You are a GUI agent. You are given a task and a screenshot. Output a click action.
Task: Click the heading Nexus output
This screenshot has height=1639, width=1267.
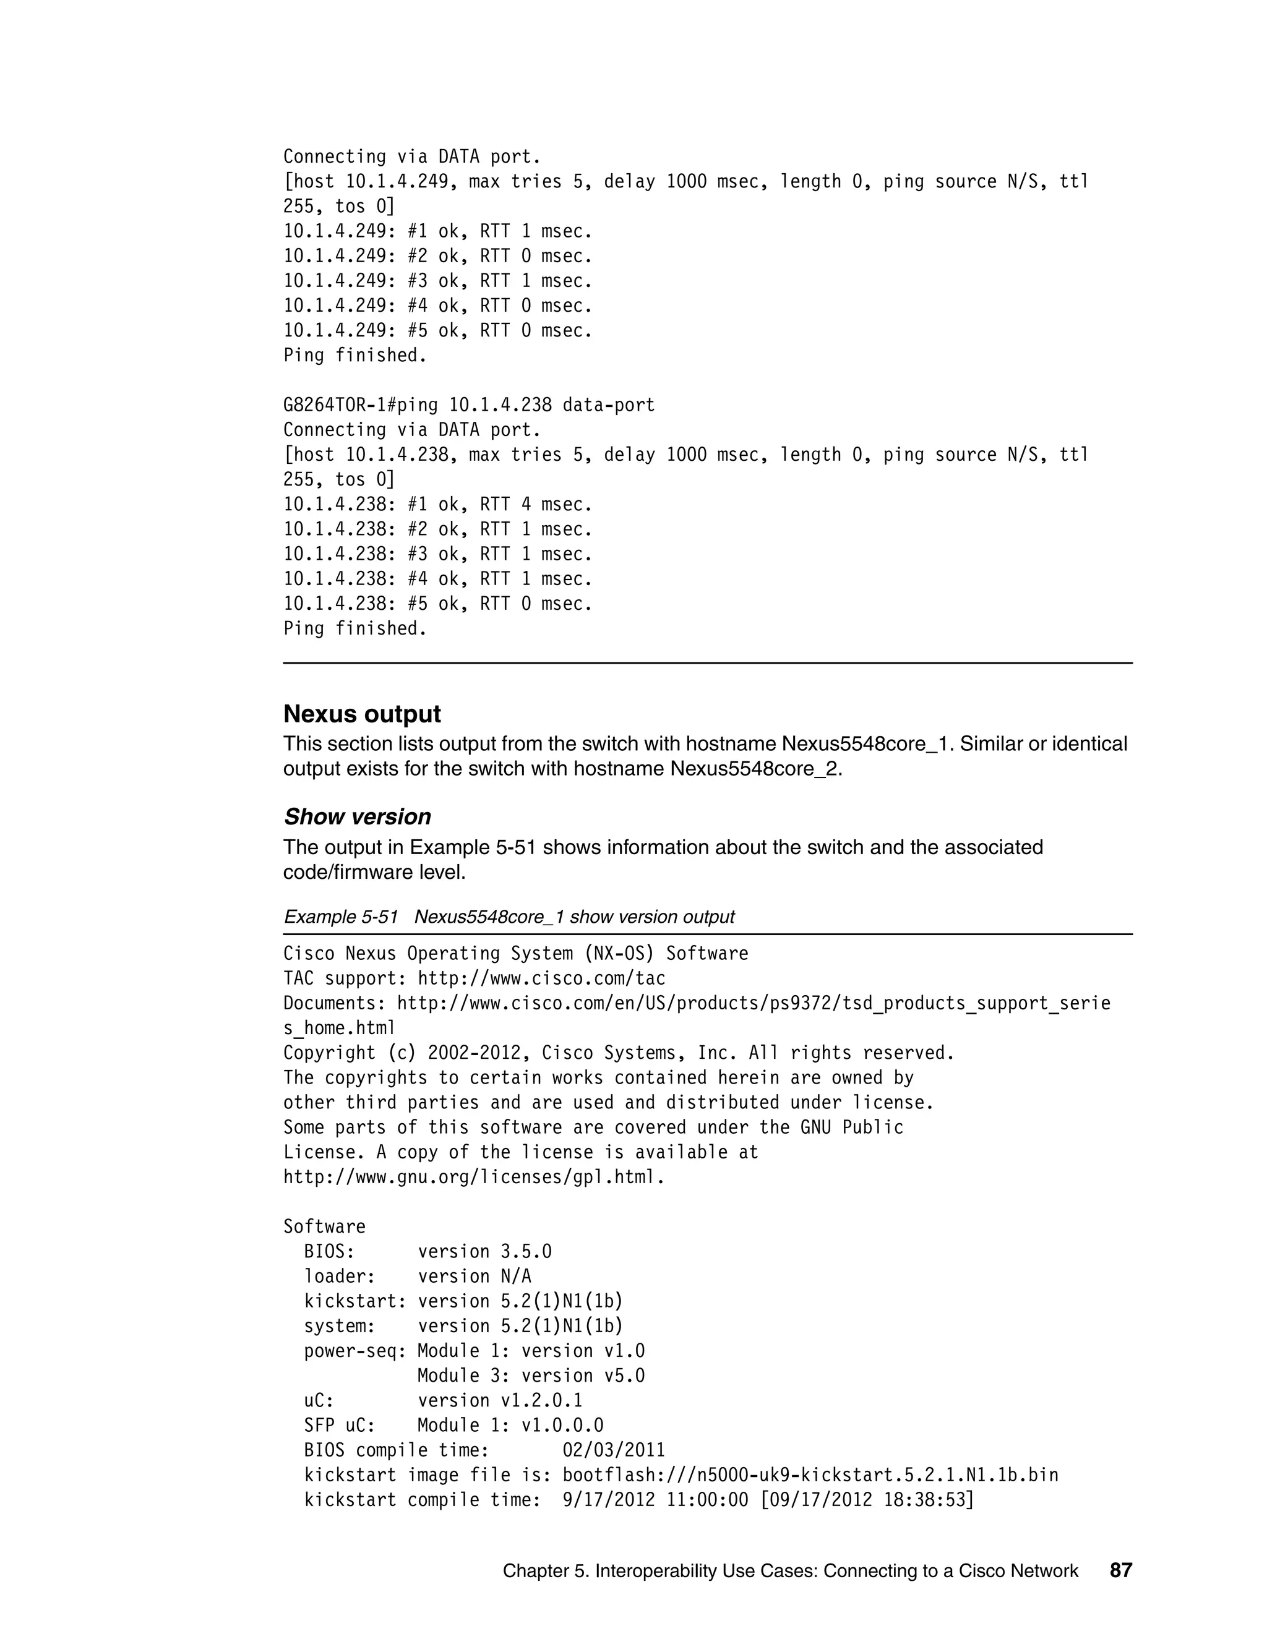(x=362, y=714)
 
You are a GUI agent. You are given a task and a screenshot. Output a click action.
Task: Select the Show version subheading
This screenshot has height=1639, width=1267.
(x=358, y=816)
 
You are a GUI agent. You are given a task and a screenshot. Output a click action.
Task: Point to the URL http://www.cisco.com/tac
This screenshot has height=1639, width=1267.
(x=541, y=978)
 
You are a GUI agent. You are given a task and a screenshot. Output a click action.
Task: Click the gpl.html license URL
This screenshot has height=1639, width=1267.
(x=473, y=1177)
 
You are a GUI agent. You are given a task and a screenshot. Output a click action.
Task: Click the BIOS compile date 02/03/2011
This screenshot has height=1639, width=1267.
(x=613, y=1450)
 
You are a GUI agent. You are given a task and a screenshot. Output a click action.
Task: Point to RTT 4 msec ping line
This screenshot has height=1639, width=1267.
(x=437, y=504)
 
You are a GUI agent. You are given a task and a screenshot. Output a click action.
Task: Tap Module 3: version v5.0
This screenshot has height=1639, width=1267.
(x=531, y=1376)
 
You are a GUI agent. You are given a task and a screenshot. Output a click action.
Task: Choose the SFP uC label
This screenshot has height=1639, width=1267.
(x=339, y=1425)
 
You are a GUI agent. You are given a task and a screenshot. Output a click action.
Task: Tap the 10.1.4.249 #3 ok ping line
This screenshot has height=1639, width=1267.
(x=437, y=281)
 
